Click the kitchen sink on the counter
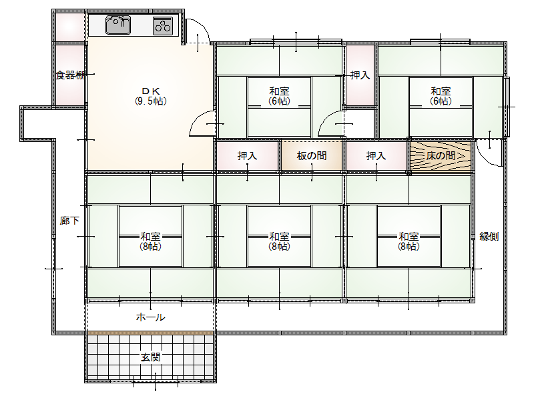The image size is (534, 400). click(x=118, y=25)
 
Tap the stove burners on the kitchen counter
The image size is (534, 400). click(x=163, y=25)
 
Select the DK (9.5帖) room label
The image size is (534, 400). click(x=151, y=96)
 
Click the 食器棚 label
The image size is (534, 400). click(x=70, y=75)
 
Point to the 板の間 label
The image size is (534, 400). click(x=312, y=156)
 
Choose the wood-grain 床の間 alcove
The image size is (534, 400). click(x=441, y=156)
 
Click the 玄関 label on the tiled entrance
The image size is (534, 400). click(x=151, y=357)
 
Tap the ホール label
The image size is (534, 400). click(x=151, y=317)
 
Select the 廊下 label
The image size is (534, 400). click(x=69, y=221)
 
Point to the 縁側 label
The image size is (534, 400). click(x=489, y=236)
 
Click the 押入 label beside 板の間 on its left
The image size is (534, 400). click(x=247, y=156)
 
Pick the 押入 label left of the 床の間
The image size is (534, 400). click(x=376, y=156)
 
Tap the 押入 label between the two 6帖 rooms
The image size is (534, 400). click(x=360, y=75)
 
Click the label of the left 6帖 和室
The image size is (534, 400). click(x=279, y=96)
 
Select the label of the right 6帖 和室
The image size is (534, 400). click(x=441, y=96)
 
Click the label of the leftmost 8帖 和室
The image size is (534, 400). click(x=151, y=241)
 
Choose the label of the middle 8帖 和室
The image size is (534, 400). click(x=279, y=241)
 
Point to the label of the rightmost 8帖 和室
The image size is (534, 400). click(x=409, y=241)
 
